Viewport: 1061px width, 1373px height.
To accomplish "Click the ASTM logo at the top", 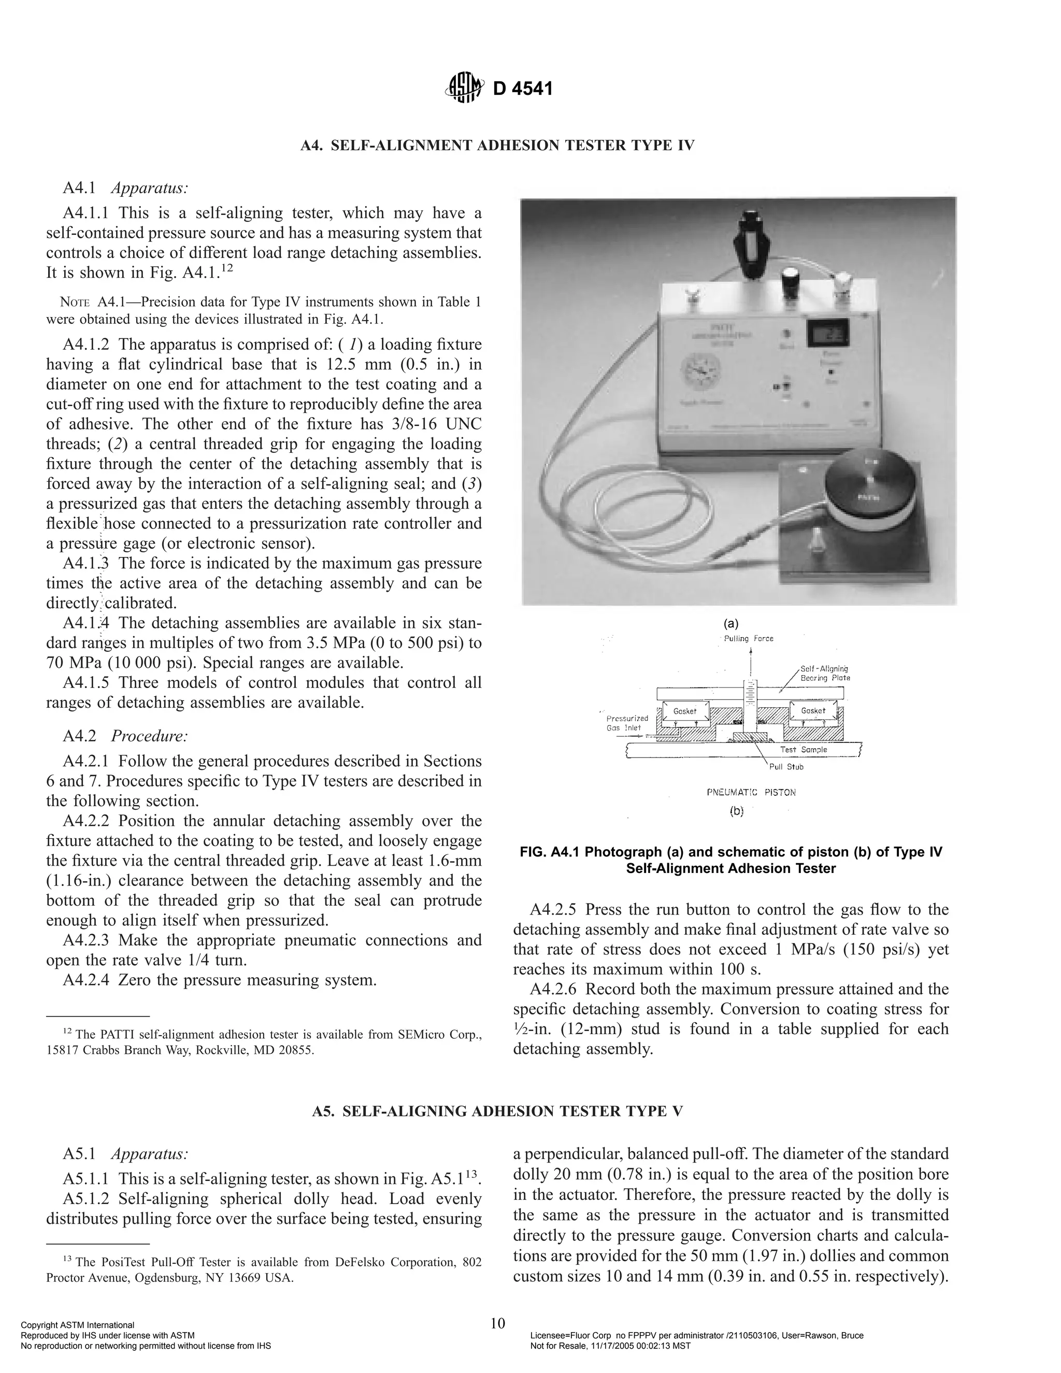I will (465, 88).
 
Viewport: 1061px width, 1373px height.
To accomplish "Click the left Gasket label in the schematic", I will (684, 711).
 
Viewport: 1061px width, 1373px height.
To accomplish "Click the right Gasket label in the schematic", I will (813, 711).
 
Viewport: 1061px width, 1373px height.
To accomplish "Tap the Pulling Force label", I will (749, 639).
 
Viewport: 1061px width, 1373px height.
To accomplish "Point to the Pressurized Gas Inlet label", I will (624, 723).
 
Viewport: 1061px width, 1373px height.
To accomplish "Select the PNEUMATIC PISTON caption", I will (751, 792).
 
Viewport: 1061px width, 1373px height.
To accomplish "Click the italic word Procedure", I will (150, 736).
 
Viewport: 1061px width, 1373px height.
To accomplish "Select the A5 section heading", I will (497, 1111).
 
